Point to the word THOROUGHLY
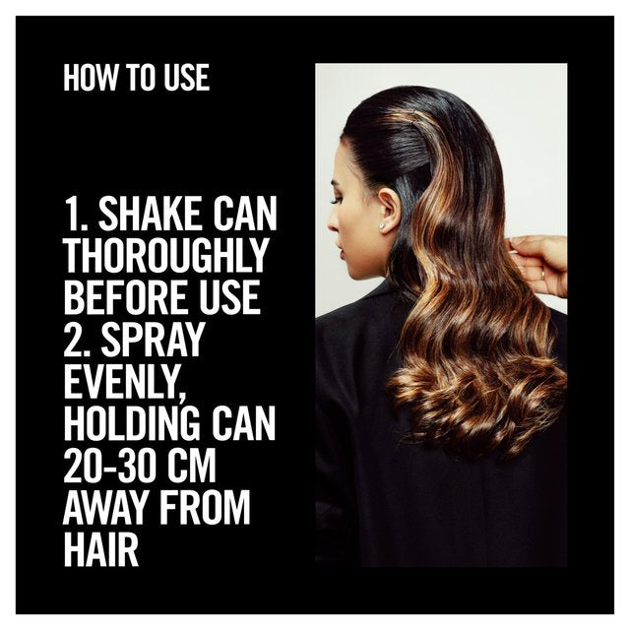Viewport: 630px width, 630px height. tap(165, 256)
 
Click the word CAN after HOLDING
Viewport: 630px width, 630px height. tap(243, 422)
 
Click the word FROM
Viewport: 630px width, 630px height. tap(206, 507)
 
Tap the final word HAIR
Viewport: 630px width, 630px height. tap(101, 549)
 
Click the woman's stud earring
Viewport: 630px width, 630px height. tap(381, 225)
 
